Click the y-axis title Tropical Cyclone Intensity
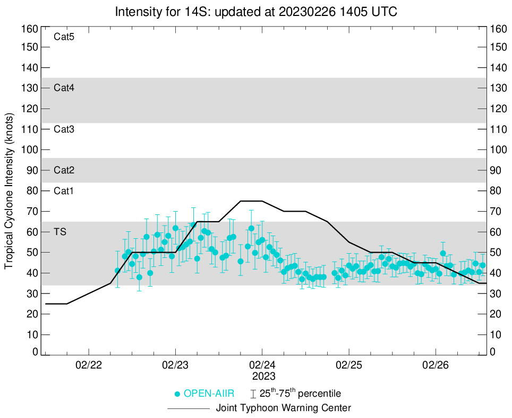click(9, 190)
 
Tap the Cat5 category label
click(64, 37)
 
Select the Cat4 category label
click(64, 88)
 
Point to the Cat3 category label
click(64, 129)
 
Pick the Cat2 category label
click(64, 170)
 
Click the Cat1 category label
click(64, 190)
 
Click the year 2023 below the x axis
click(262, 376)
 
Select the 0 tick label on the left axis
click(35, 352)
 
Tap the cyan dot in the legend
click(177, 394)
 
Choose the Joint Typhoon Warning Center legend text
click(284, 408)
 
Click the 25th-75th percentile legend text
click(300, 394)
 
